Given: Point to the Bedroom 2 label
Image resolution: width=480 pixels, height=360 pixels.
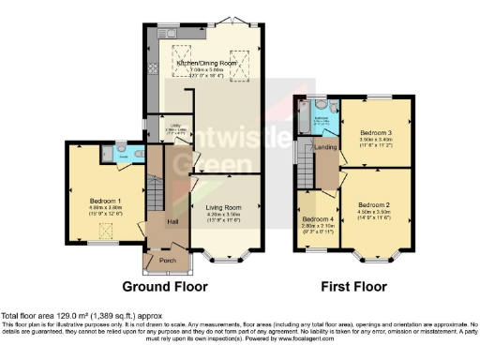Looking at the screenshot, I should coord(373,204).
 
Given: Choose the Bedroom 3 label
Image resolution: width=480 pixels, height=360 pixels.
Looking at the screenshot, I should coord(375,133).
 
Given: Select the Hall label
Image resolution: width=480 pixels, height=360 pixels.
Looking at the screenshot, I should coord(172,221).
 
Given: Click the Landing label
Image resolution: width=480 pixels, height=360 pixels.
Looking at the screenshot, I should coord(325,145).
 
